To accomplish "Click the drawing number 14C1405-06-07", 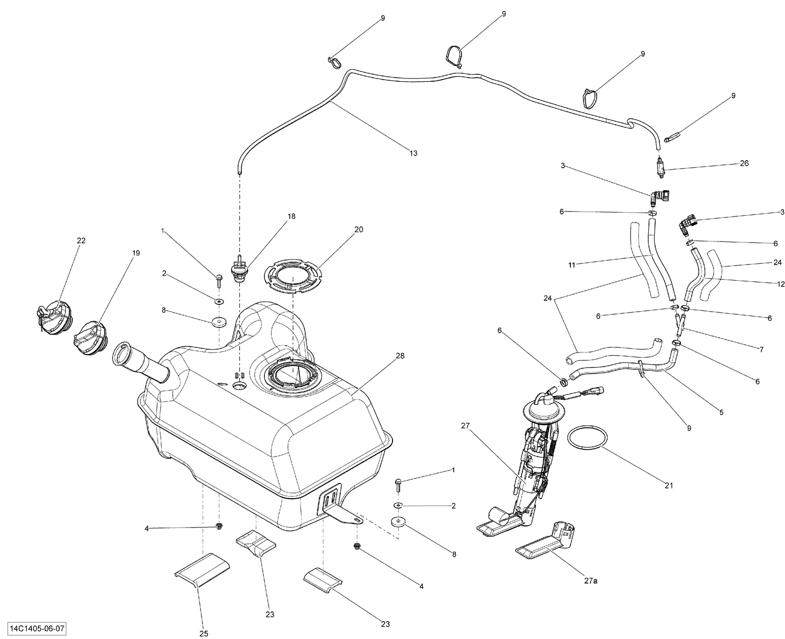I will tap(37, 628).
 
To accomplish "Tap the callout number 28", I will tap(400, 356).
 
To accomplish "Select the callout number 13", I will tap(413, 153).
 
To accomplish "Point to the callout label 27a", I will tap(590, 580).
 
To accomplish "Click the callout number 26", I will tap(744, 163).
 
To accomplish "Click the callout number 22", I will tap(81, 240).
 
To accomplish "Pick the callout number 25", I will tap(204, 633).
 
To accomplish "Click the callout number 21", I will tap(668, 486).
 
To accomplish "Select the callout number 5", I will tap(721, 412).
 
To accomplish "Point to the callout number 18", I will tap(291, 216).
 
